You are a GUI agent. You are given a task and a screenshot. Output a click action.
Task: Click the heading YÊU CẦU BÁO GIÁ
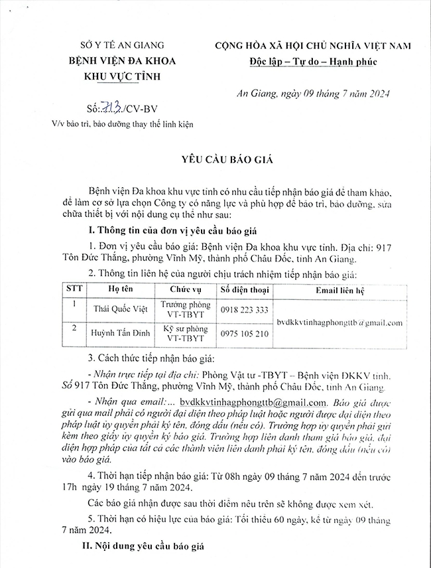218,160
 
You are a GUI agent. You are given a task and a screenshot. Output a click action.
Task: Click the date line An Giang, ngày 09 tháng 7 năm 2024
324,94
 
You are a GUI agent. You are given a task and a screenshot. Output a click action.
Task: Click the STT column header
70,290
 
